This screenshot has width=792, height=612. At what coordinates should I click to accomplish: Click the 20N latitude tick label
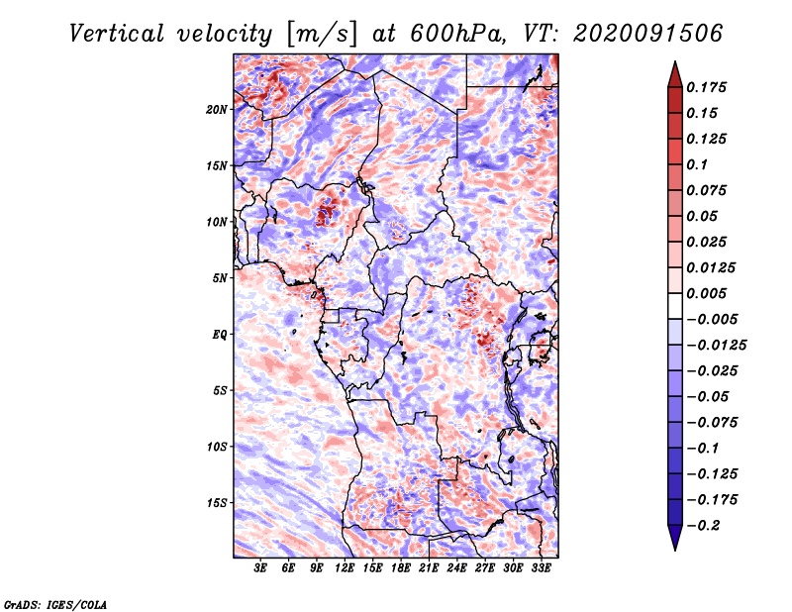[x=217, y=110]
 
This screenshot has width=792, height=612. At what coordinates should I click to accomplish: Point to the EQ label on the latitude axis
[x=220, y=335]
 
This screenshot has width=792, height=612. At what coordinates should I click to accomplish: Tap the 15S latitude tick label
[x=217, y=503]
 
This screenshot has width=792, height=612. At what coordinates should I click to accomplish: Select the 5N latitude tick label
[x=220, y=278]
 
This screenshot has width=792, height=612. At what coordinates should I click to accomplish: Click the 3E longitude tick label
[x=260, y=568]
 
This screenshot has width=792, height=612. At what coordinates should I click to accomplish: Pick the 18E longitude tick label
[x=401, y=568]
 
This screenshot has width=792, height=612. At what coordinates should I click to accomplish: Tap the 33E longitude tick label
[x=541, y=568]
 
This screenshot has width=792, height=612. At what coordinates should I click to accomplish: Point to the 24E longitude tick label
[x=456, y=568]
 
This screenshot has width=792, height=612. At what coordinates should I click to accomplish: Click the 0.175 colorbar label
[x=706, y=87]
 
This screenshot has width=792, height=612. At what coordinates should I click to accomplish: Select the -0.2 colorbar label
[x=703, y=526]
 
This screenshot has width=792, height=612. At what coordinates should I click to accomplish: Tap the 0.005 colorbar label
[x=706, y=293]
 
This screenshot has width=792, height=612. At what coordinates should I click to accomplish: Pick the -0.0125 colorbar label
[x=716, y=346]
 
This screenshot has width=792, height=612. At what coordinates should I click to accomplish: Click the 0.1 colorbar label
[x=697, y=164]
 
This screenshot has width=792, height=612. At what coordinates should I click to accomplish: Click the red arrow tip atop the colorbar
[x=675, y=61]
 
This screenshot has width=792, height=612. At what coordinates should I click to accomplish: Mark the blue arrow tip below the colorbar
[x=675, y=550]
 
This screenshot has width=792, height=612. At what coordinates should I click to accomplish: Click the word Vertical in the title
[x=117, y=34]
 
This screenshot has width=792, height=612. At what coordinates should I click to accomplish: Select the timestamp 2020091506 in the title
[x=647, y=34]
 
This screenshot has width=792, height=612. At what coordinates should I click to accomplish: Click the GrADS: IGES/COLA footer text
[x=55, y=604]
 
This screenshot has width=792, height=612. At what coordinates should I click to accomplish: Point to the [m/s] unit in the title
[x=322, y=35]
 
